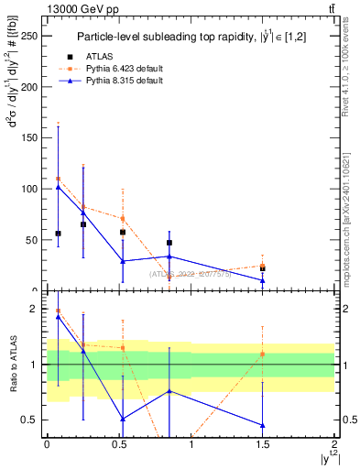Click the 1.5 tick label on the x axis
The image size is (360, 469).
[262, 443]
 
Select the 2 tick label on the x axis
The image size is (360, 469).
[334, 443]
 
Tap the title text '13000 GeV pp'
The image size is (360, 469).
[72, 9]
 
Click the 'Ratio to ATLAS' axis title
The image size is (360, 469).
[13, 365]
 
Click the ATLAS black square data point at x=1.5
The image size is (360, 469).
[263, 268]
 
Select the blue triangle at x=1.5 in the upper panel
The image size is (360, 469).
[263, 280]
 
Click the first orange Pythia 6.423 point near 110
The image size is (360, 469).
[58, 179]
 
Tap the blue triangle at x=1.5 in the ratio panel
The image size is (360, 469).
[263, 425]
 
